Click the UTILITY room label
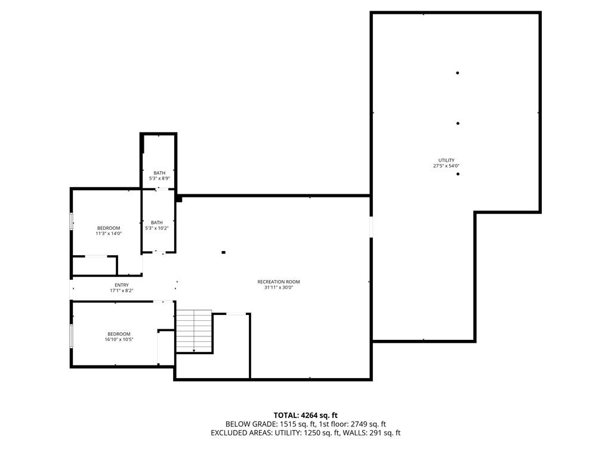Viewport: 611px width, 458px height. [x=446, y=160]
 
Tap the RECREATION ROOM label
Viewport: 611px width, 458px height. [x=278, y=281]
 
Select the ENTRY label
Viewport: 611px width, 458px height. [x=121, y=285]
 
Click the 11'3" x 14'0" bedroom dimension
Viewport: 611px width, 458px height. [x=109, y=234]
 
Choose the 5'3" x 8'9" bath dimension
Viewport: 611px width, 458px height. [x=158, y=178]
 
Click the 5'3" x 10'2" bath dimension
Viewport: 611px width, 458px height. [x=156, y=228]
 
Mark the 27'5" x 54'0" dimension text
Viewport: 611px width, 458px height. [x=446, y=166]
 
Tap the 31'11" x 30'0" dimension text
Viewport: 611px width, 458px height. [x=278, y=287]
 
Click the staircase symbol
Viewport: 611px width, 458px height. [x=195, y=331]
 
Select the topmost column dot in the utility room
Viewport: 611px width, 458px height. [x=458, y=73]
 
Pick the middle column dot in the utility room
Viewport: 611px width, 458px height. [x=458, y=123]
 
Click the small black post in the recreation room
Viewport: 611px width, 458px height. [x=224, y=252]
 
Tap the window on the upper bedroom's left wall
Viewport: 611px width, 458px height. [x=72, y=221]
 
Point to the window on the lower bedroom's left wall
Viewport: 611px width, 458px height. [x=72, y=336]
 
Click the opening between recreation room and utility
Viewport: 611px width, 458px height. [x=371, y=227]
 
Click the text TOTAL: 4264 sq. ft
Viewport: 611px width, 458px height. [x=305, y=415]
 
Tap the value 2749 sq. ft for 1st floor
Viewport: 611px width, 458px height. [x=365, y=424]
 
